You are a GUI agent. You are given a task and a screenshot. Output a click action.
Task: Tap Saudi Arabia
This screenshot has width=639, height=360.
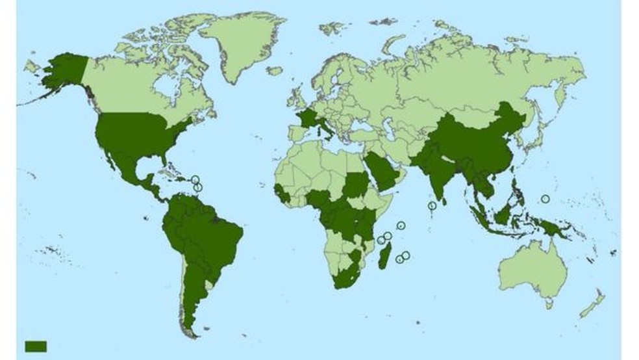pos(382,169)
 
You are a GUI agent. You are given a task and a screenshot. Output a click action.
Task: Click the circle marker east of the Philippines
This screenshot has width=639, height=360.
pos(545,198)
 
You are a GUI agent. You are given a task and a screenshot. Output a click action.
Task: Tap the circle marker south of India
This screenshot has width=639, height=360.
pos(432,207)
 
